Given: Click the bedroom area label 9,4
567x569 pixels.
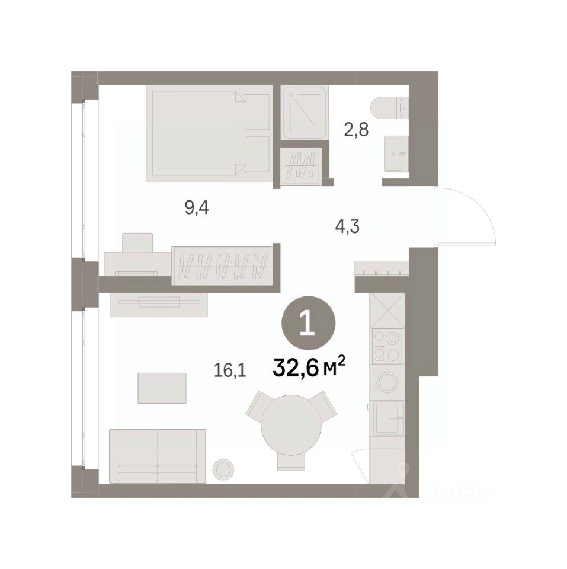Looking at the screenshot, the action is click(x=197, y=209).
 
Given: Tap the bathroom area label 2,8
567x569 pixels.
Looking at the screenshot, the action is click(x=356, y=130).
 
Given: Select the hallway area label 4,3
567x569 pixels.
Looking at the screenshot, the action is click(x=347, y=227).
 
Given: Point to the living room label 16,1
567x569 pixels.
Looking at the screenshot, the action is click(x=230, y=370).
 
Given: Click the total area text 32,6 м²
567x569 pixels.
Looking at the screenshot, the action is click(x=308, y=368).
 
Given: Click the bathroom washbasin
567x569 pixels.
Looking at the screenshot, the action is click(x=396, y=154).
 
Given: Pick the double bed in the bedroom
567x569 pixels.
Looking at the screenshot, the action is click(x=209, y=133).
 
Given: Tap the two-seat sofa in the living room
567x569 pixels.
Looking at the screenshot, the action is click(x=158, y=456).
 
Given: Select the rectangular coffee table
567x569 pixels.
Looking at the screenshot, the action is click(x=162, y=388).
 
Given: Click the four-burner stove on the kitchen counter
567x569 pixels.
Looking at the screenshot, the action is click(x=387, y=346).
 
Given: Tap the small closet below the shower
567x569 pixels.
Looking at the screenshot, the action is click(x=301, y=165).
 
